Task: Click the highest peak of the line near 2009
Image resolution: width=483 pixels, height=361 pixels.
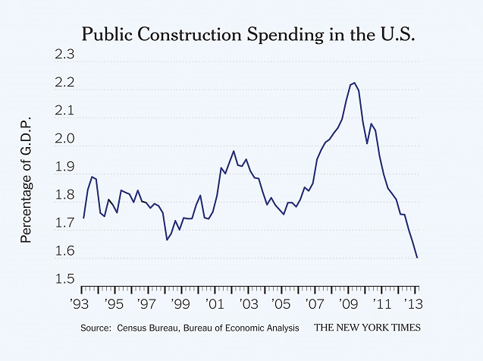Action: (354, 83)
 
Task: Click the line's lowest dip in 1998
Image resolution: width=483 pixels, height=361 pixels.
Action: (167, 240)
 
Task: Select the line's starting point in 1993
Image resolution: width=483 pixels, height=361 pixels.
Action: (83, 218)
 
